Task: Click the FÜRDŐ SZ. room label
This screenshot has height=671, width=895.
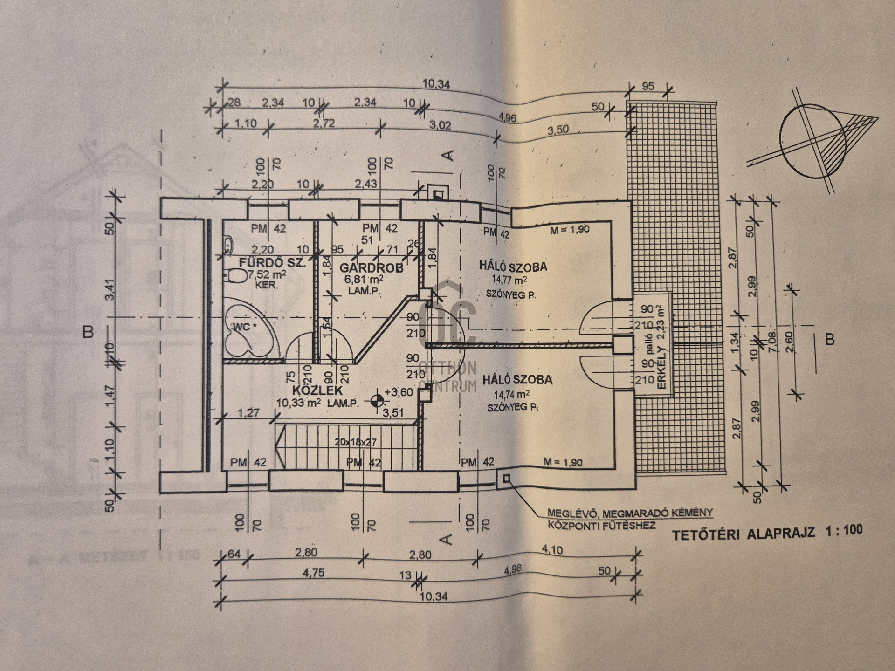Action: click(273, 262)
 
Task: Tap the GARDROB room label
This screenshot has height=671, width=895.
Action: click(371, 268)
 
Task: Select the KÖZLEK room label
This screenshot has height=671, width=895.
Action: click(317, 390)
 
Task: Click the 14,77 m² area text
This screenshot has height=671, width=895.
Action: click(509, 280)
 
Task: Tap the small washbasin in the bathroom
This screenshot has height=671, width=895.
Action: click(228, 244)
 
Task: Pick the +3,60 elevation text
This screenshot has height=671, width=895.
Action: click(399, 392)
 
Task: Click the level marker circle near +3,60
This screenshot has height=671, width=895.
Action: click(377, 400)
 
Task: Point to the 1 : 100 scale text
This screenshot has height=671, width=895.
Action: click(843, 530)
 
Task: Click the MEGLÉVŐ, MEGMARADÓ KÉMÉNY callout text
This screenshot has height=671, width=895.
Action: click(630, 513)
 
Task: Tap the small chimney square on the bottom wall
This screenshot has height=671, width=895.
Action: click(506, 478)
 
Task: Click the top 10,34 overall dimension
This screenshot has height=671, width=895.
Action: click(436, 84)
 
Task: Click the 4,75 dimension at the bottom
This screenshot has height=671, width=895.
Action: click(313, 573)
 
